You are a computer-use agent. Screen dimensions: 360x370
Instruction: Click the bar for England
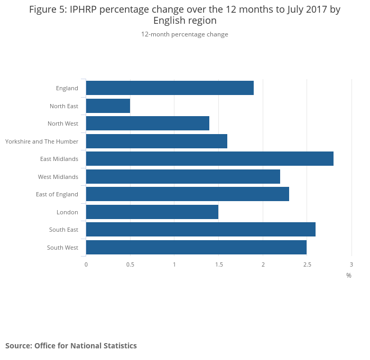[x=170, y=88]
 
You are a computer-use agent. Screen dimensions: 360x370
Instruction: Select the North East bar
[x=108, y=106]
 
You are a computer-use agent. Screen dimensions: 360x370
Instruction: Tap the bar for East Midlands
[x=209, y=159]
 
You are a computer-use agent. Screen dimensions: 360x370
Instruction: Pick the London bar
[x=152, y=212]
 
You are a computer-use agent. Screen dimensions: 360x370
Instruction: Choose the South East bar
[x=200, y=230]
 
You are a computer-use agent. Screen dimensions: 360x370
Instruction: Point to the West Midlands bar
[x=183, y=177]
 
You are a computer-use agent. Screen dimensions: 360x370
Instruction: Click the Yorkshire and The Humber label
[x=42, y=141]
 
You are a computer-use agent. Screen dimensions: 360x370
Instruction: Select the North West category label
[x=63, y=124]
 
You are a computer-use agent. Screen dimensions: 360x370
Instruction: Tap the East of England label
[x=57, y=194]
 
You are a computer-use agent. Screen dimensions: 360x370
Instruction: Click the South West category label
[x=62, y=248]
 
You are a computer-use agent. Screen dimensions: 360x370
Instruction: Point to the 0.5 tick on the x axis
[x=130, y=264]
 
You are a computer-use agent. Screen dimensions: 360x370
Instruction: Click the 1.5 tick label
[x=219, y=264]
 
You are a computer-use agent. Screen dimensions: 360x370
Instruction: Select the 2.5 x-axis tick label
[x=307, y=264]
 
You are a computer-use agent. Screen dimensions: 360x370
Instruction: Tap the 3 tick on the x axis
[x=351, y=264]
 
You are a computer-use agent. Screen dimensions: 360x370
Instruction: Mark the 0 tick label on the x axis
[x=86, y=264]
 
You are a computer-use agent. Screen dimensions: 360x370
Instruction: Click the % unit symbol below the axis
[x=349, y=276]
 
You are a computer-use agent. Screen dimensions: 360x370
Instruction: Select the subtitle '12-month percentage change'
[x=184, y=34]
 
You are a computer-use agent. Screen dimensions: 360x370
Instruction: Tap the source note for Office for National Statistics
[x=71, y=346]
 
